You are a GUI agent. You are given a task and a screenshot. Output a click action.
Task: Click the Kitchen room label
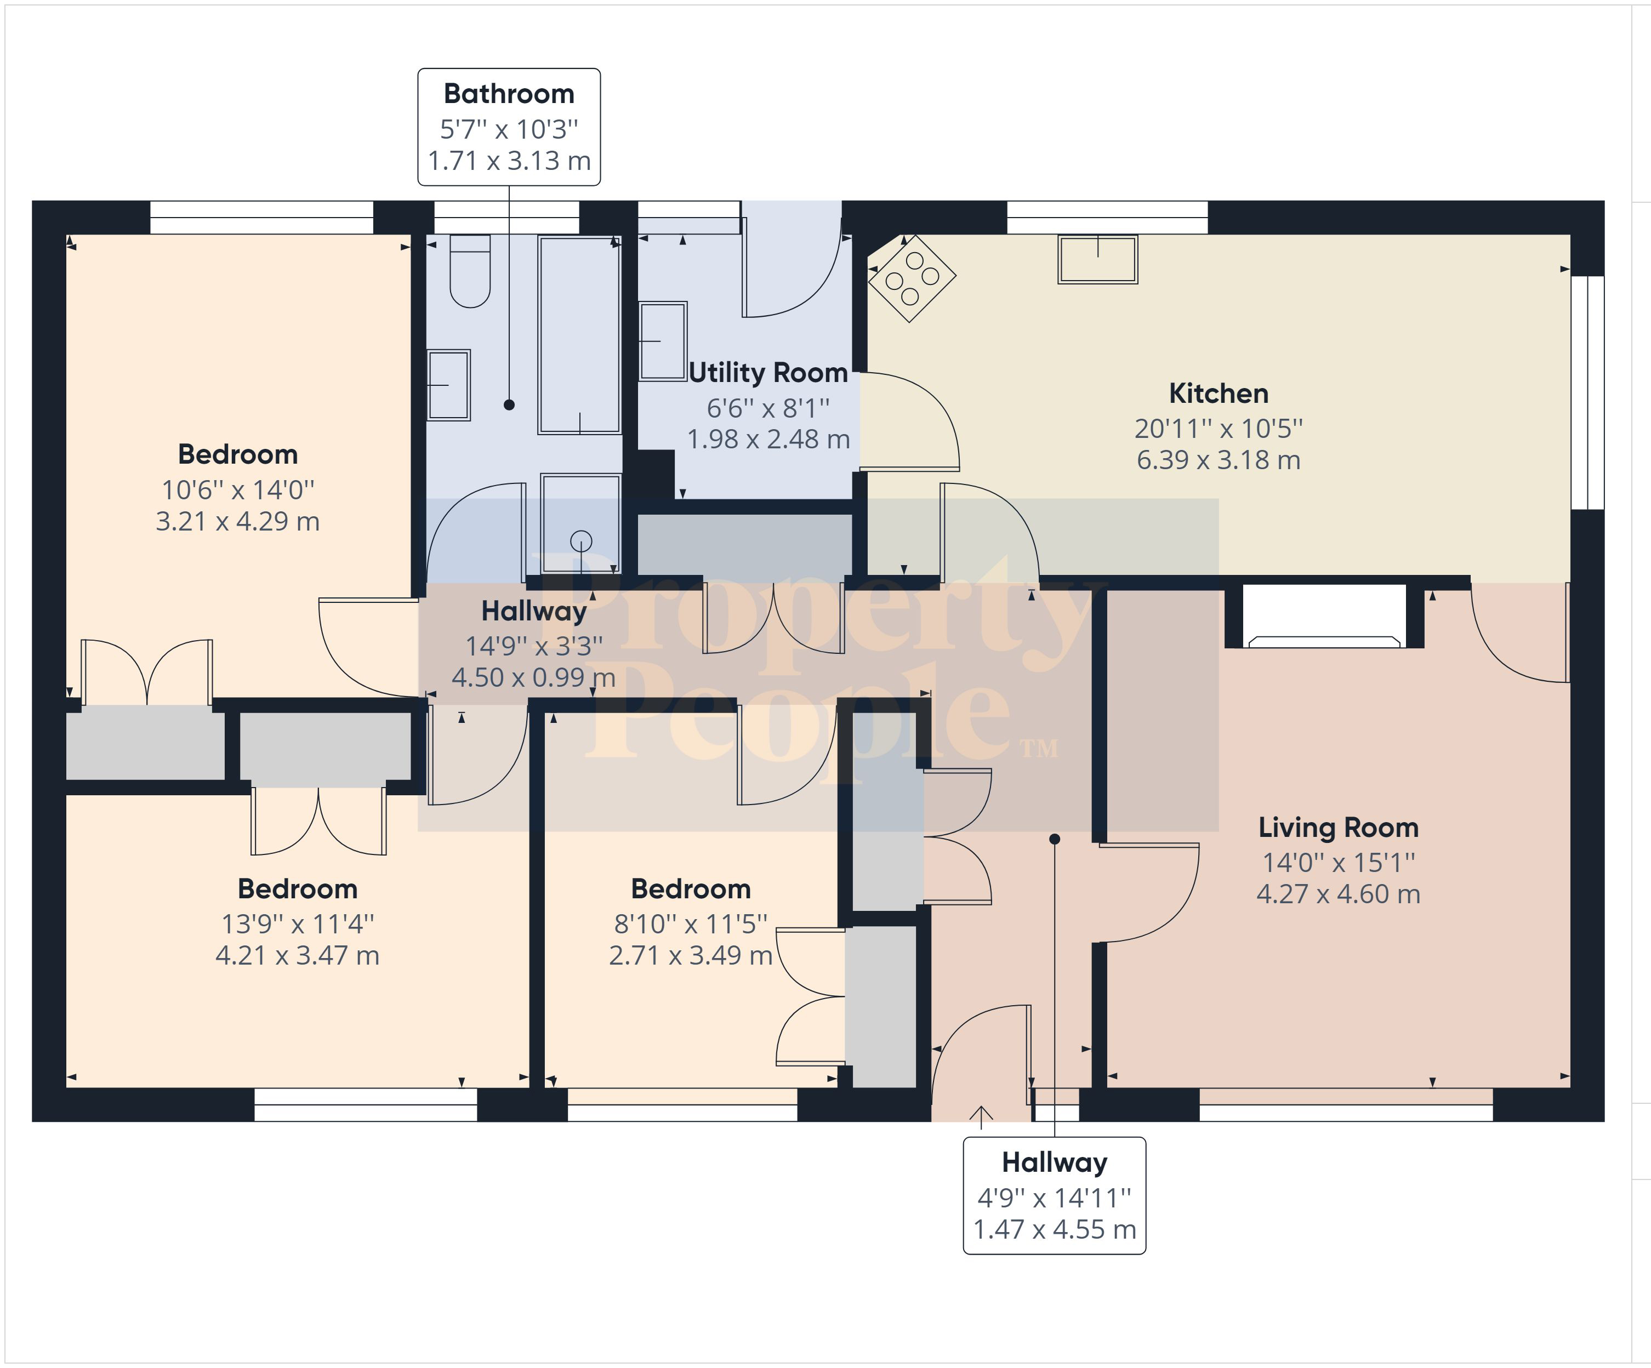point(1218,393)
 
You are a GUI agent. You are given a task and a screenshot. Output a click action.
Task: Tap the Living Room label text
point(1338,828)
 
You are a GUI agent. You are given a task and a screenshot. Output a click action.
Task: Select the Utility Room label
point(768,373)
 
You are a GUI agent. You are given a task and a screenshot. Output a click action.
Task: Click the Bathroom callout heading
point(509,94)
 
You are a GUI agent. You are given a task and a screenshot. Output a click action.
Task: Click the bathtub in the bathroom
point(579,335)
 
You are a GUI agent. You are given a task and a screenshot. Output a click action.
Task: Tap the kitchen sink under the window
point(1097,259)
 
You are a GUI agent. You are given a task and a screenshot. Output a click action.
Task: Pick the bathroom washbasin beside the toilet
point(449,385)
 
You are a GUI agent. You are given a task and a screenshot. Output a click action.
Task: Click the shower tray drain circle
point(581,541)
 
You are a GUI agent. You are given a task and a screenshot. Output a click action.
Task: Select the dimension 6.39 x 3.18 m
point(1219,460)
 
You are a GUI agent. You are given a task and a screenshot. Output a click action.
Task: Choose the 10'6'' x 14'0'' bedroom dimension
point(237,490)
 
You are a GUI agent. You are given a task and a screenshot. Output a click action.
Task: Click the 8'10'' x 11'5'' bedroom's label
point(690,889)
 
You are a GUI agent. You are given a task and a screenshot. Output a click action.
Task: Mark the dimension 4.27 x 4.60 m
point(1338,894)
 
